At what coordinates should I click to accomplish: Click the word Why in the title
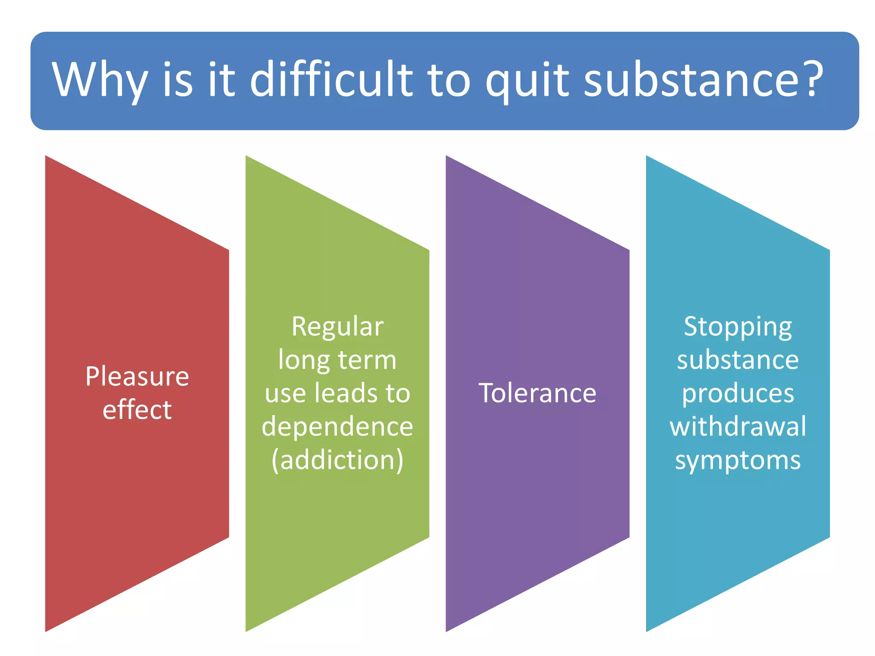100,80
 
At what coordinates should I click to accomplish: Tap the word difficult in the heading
331,79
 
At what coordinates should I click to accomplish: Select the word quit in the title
527,80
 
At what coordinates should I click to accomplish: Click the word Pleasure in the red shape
137,377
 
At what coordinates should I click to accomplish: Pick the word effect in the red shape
137,410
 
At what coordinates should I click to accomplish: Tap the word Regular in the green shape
338,327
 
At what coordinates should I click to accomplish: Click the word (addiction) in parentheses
338,460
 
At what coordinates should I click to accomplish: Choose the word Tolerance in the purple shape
537,393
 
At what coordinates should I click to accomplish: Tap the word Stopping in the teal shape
738,327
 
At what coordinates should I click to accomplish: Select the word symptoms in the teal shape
738,460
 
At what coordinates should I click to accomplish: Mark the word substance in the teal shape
738,360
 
